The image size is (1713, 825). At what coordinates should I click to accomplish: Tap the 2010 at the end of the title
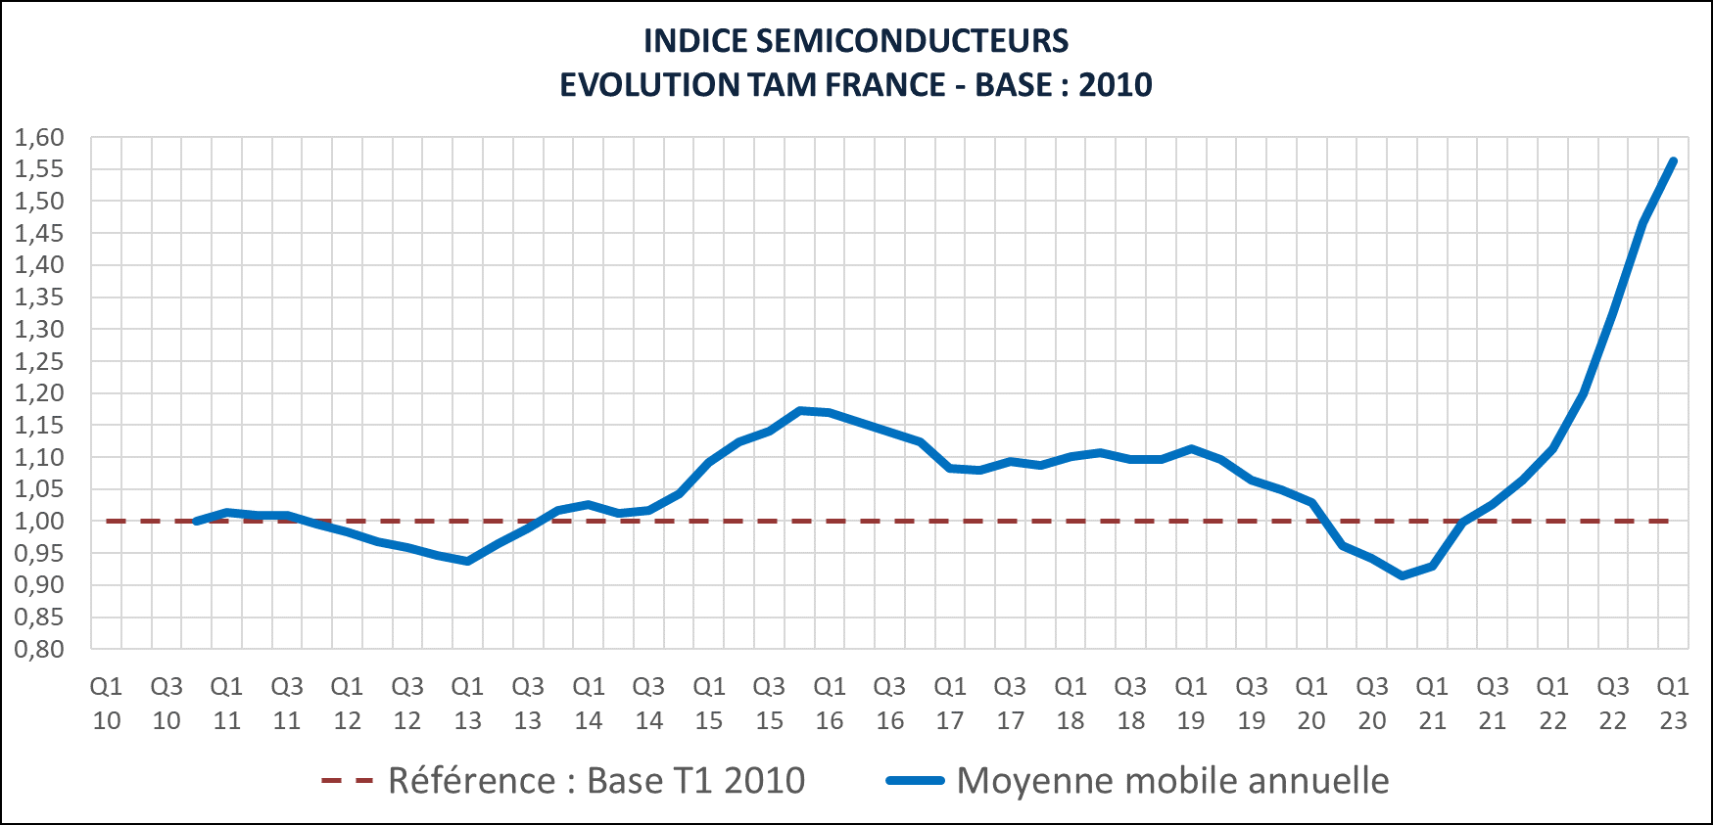pyautogui.click(x=1115, y=85)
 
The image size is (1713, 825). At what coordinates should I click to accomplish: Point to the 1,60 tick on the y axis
pyautogui.click(x=39, y=138)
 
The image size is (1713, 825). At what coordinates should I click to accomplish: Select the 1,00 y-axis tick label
pyautogui.click(x=39, y=522)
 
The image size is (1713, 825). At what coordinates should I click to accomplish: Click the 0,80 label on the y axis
pyautogui.click(x=39, y=649)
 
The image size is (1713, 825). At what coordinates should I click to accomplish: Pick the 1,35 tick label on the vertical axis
pyautogui.click(x=39, y=298)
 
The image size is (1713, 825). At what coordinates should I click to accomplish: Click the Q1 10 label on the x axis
pyautogui.click(x=107, y=704)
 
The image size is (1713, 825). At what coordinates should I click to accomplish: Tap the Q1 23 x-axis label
pyautogui.click(x=1673, y=704)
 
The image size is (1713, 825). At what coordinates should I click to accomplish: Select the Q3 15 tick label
pyautogui.click(x=770, y=704)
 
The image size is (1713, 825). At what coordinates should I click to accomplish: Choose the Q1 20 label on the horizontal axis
pyautogui.click(x=1311, y=704)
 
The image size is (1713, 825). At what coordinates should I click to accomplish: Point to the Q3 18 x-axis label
pyautogui.click(x=1130, y=704)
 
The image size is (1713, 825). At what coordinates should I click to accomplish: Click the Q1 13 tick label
pyautogui.click(x=468, y=704)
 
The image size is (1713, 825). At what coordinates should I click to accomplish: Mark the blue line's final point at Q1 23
pyautogui.click(x=1673, y=161)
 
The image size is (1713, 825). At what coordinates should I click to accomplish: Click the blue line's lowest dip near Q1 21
pyautogui.click(x=1403, y=575)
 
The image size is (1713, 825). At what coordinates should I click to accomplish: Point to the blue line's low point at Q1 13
pyautogui.click(x=468, y=561)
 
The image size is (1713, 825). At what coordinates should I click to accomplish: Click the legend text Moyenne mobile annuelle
pyautogui.click(x=1172, y=781)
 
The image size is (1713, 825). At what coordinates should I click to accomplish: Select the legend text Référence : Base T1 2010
pyautogui.click(x=596, y=781)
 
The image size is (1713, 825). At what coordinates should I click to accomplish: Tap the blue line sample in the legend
pyautogui.click(x=915, y=781)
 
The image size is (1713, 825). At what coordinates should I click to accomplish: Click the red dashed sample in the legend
pyautogui.click(x=348, y=781)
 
